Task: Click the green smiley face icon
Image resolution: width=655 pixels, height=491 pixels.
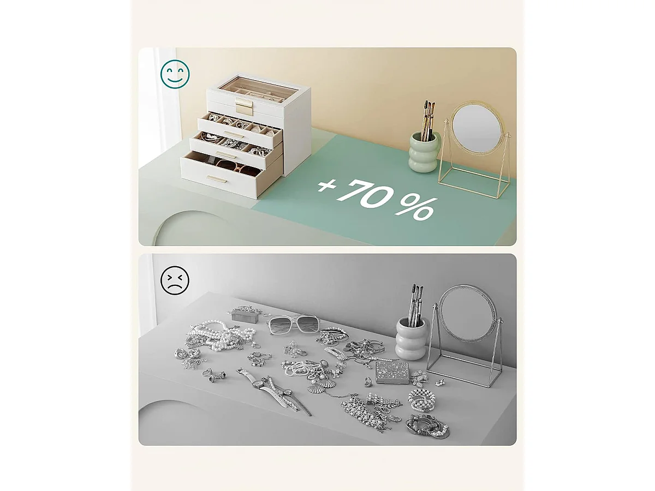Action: (175, 74)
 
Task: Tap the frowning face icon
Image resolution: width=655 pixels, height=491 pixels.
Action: (175, 280)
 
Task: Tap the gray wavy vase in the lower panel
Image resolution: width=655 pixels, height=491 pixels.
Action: (411, 339)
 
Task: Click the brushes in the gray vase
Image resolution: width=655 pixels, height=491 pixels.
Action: (415, 302)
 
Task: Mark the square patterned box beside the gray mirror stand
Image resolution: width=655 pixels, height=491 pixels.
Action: (391, 372)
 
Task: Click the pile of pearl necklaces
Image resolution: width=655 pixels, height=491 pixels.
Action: (218, 336)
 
